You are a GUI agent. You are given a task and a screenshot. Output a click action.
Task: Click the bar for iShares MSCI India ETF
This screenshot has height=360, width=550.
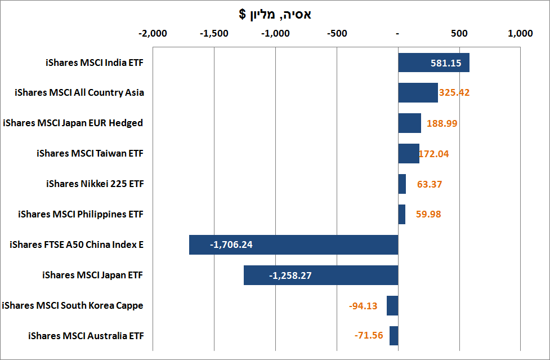pos(433,63)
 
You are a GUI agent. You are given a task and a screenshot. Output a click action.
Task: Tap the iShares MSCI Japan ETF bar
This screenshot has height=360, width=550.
pos(321,275)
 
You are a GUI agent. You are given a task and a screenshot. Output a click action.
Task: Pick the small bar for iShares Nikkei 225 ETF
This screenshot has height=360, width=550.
pos(402,184)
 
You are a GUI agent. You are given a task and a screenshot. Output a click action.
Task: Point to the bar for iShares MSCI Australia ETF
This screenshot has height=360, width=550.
pos(394,336)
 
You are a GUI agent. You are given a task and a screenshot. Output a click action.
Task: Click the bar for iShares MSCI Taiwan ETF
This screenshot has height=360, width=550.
pos(409,154)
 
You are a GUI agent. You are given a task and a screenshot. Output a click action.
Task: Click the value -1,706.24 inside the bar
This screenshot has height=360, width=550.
pos(231,245)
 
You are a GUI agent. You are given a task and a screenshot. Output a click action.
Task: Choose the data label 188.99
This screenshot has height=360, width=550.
pos(442,123)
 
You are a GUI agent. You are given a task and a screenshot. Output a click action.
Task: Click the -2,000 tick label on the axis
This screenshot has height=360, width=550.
pos(153,33)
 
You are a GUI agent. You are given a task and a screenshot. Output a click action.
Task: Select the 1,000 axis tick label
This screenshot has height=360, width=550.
pos(520,33)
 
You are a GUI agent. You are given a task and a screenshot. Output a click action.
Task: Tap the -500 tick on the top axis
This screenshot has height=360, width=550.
pos(337,33)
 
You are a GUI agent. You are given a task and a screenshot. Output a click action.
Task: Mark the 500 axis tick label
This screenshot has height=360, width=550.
pos(459,33)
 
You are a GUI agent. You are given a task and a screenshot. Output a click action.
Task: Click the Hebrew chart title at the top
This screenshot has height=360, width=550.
pos(275,15)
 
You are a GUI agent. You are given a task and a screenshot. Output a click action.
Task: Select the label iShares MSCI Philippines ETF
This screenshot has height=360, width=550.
pos(81,215)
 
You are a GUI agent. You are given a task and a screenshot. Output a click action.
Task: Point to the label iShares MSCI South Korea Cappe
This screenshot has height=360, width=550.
pos(73,306)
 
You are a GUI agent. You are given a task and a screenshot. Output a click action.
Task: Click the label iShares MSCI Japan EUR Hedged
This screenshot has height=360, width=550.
pos(73,123)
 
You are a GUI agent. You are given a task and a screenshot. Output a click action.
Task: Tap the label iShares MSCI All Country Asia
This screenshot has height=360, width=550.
pos(79,93)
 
